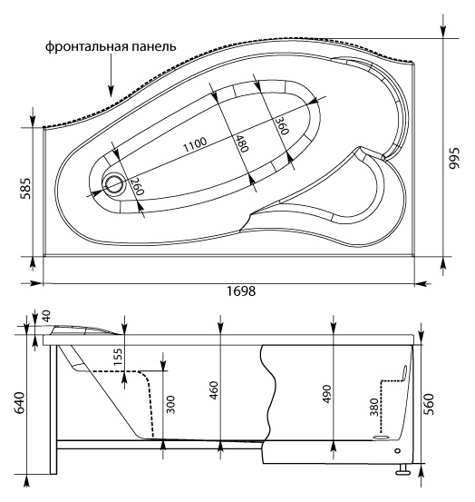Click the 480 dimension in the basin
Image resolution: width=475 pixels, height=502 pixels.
tap(242, 144)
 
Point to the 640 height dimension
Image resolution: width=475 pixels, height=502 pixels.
tap(13, 399)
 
